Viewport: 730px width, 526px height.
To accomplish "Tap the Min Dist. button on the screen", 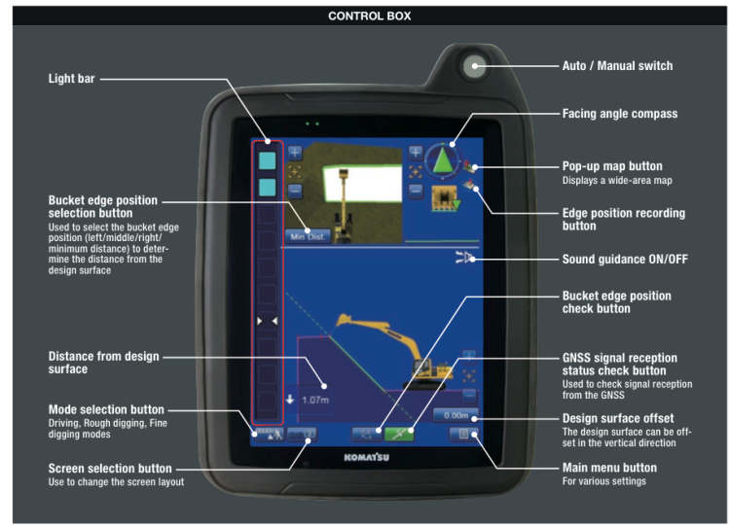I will click(308, 235).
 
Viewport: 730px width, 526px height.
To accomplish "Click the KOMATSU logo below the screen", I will click(366, 456).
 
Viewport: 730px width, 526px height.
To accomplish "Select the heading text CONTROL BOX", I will click(369, 17).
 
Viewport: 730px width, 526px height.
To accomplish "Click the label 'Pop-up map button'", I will click(615, 166).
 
